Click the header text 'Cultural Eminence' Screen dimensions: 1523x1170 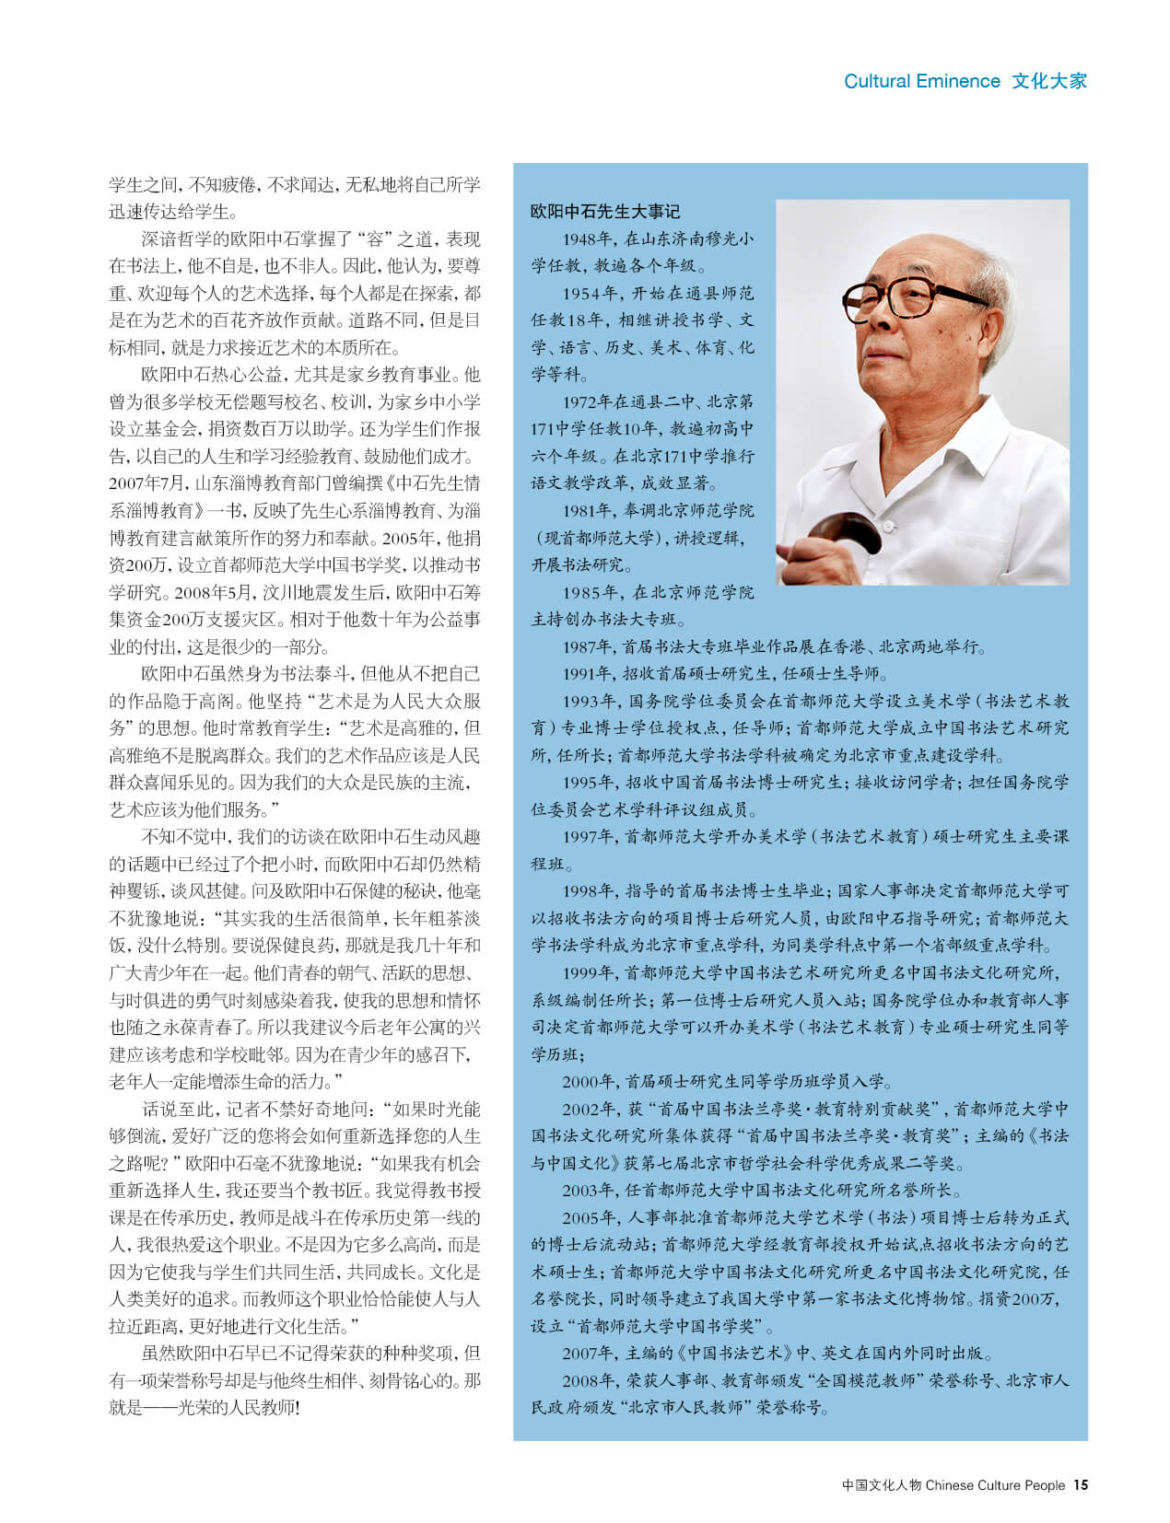click(x=921, y=81)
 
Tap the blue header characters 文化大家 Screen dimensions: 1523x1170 click(x=1049, y=81)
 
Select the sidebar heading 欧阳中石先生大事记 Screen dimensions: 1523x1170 click(x=604, y=211)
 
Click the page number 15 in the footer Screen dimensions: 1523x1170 click(x=1081, y=1484)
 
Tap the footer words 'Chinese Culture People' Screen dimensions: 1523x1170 click(x=995, y=1484)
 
